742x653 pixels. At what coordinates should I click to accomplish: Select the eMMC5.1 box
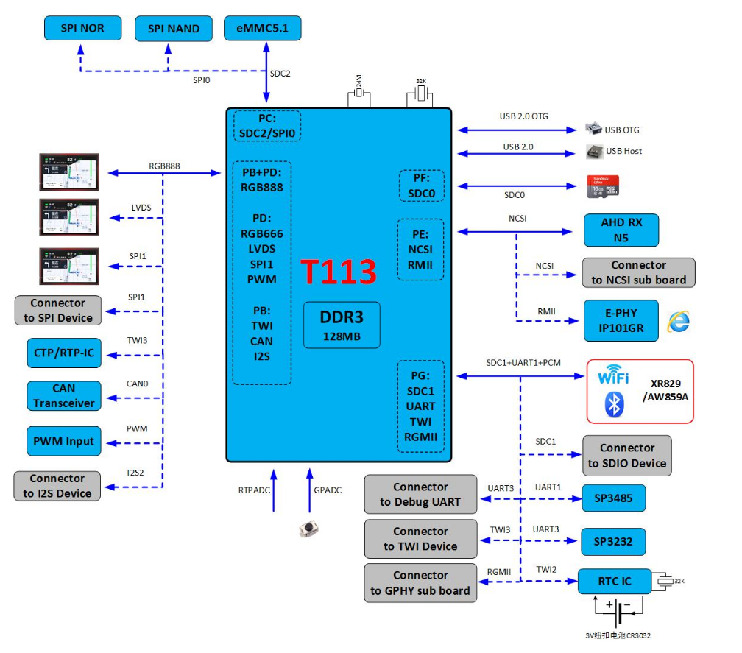262,29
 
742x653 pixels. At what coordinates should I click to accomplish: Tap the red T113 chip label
338,272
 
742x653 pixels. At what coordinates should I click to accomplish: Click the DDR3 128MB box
342,325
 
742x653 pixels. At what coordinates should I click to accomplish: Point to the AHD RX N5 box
621,230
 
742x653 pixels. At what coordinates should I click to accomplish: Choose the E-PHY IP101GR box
621,320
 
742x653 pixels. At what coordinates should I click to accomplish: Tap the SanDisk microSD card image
602,186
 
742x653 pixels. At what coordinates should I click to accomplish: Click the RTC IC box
615,582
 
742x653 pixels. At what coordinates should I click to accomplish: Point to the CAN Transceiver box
63,395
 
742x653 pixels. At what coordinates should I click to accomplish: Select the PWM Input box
63,441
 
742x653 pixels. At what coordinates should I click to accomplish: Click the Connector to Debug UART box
420,494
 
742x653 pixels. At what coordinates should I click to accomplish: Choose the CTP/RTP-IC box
63,353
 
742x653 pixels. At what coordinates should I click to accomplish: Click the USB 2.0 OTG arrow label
523,116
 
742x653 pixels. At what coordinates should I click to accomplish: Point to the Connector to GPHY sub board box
420,582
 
